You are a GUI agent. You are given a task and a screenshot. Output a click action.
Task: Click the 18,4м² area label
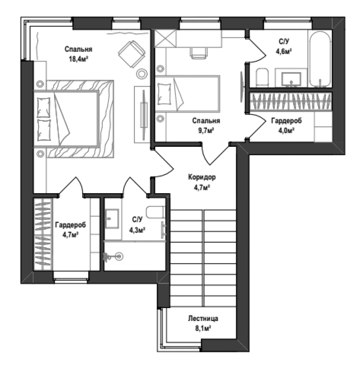pos(78,59)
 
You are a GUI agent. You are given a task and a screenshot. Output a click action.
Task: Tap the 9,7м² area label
pos(206,131)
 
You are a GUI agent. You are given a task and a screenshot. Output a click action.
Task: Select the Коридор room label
pos(202,177)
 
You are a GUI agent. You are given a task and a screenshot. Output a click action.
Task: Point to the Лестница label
pos(203,318)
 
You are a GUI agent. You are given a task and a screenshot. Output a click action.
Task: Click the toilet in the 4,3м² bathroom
pos(155,212)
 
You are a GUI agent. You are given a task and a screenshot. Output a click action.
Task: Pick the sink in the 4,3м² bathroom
pos(112,218)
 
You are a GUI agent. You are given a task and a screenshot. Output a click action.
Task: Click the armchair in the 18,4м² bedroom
pos(131,54)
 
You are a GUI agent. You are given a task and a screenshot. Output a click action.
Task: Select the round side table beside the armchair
pos(142,73)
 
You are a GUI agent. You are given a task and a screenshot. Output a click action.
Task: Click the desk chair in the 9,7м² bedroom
pos(198,53)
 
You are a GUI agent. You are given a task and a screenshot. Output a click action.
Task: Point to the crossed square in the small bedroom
pos(165,38)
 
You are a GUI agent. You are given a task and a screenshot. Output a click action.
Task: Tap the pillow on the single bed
pos(164,94)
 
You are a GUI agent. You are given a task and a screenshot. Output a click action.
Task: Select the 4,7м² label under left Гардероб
pos(71,235)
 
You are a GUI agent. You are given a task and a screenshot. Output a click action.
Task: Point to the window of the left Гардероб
pos(71,277)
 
